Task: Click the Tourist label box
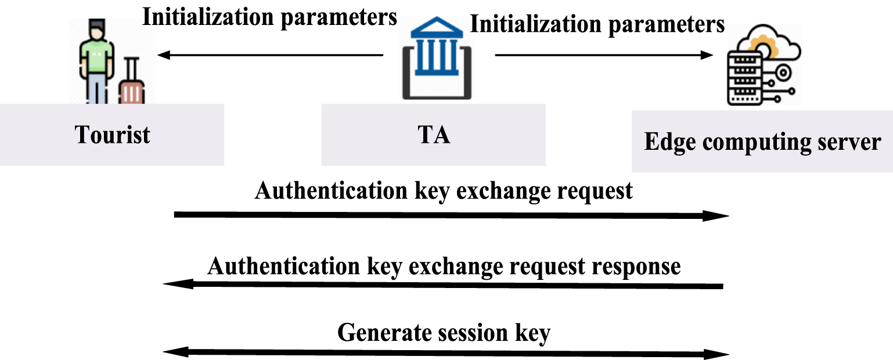112,135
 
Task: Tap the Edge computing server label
762,142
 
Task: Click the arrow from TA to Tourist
271,56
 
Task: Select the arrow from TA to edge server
604,56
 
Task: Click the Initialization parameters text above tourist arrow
270,17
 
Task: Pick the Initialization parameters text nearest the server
597,24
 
